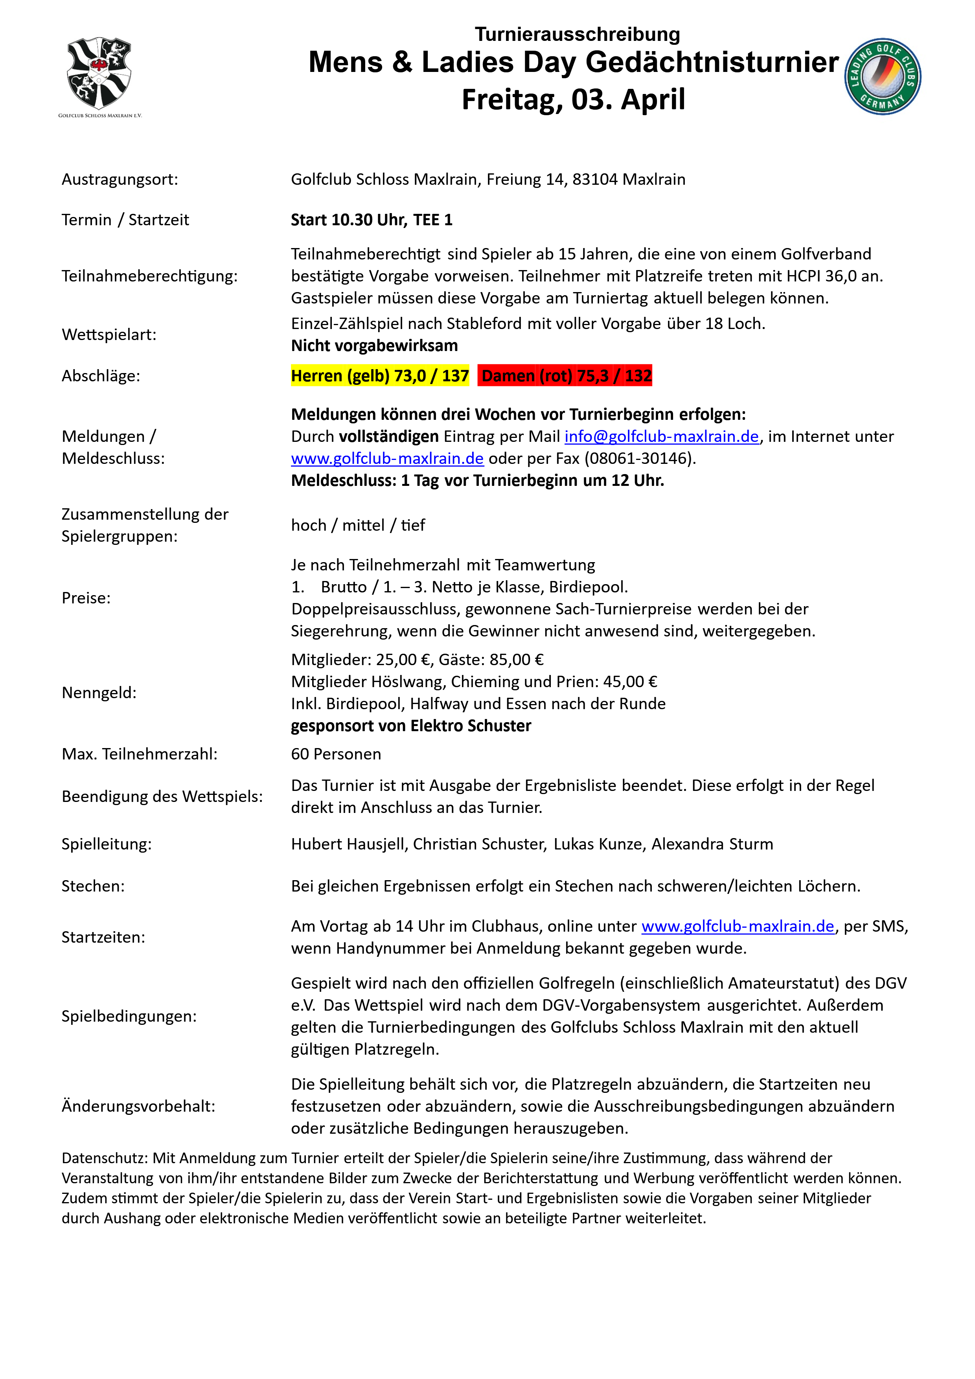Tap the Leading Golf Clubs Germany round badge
click(x=883, y=76)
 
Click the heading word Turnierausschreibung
click(x=577, y=34)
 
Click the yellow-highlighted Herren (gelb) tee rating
click(x=380, y=376)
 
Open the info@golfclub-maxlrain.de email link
click(x=661, y=437)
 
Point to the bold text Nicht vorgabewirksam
click(x=374, y=346)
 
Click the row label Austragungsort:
click(x=120, y=180)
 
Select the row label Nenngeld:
click(x=99, y=693)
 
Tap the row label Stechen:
click(x=93, y=886)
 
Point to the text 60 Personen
click(x=336, y=754)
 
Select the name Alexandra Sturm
click(x=712, y=844)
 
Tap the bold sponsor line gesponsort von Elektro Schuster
click(x=411, y=726)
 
